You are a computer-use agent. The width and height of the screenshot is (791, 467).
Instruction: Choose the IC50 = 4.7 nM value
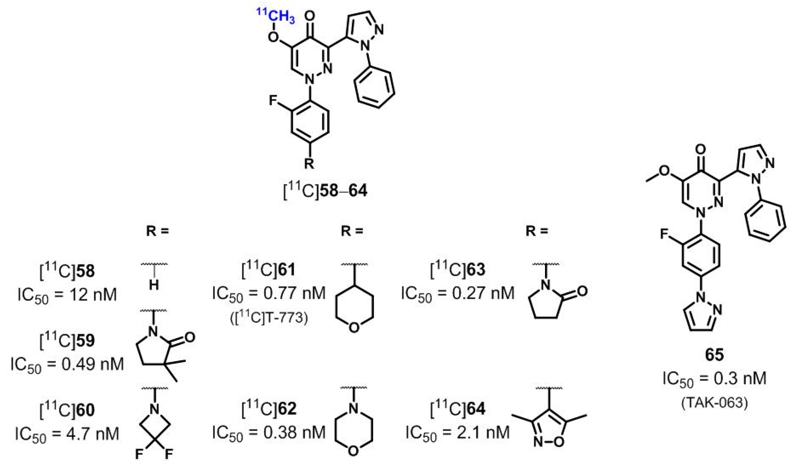click(67, 434)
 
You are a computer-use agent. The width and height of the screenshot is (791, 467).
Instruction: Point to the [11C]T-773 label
click(269, 318)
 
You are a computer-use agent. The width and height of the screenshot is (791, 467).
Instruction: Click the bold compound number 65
click(714, 355)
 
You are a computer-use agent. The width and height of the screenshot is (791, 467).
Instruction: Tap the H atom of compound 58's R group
click(154, 286)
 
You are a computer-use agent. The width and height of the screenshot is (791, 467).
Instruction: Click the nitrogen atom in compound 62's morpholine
click(354, 409)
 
